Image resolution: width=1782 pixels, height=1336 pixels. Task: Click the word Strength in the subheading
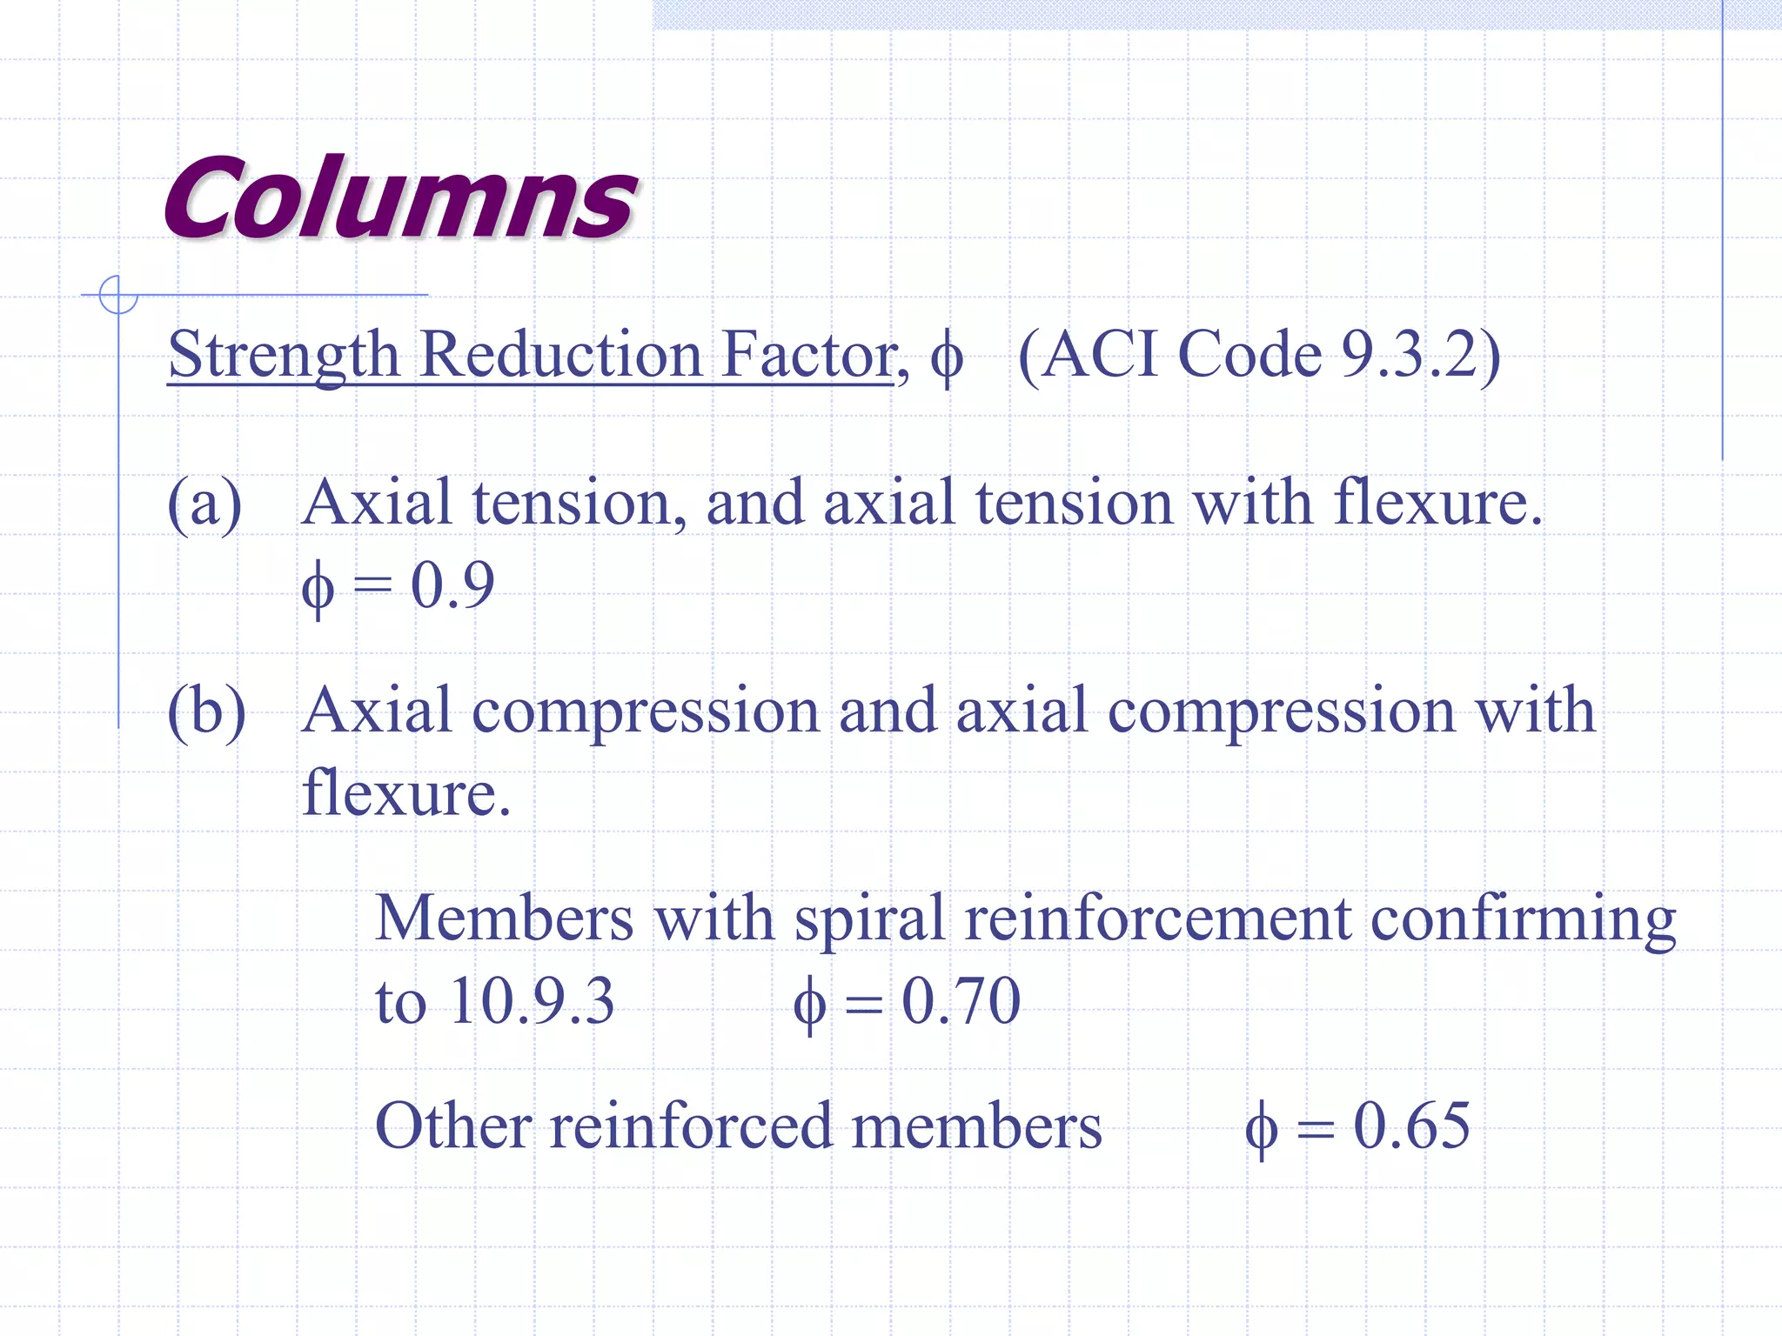click(283, 355)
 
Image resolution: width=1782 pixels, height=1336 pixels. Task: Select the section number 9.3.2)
click(1421, 355)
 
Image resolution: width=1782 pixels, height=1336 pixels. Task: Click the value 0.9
click(452, 584)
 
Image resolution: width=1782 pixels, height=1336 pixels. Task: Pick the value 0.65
click(1411, 1126)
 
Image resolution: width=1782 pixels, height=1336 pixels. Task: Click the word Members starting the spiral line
click(504, 918)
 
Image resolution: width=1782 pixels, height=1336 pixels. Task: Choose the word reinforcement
click(1157, 918)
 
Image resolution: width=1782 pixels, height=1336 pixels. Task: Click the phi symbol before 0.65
click(1261, 1127)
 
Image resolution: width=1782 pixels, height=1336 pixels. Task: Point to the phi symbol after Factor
click(947, 357)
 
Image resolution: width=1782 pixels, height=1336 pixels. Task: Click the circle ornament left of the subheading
click(118, 295)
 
